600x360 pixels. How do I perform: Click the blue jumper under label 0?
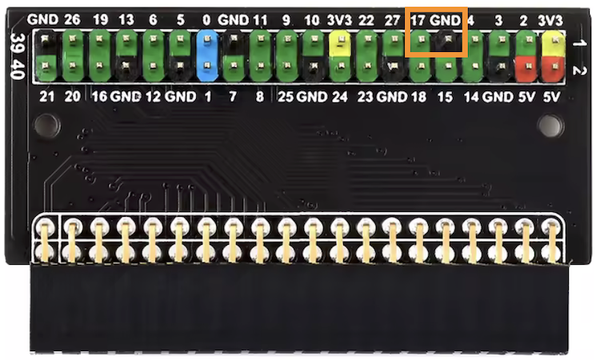point(207,56)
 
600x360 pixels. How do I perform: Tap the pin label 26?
point(72,19)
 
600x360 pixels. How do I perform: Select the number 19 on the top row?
point(100,19)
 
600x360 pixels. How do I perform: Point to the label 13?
point(126,19)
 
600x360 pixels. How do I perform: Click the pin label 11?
point(260,20)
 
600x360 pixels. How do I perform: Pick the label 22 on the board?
point(366,20)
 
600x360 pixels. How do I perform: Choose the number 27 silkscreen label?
point(392,20)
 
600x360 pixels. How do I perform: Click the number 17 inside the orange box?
point(418,20)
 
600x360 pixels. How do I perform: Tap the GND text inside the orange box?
point(445,20)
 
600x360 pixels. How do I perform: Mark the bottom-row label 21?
point(46,97)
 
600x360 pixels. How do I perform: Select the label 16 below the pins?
point(99,97)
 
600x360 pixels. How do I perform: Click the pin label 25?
point(286,97)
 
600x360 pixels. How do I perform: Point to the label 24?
point(339,97)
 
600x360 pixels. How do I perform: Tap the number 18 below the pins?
point(418,97)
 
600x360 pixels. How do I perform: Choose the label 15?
point(445,97)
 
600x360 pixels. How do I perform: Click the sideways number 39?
point(18,42)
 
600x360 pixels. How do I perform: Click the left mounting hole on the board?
point(47,125)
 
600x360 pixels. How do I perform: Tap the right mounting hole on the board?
point(550,125)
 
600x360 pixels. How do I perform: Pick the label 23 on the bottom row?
point(365,97)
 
